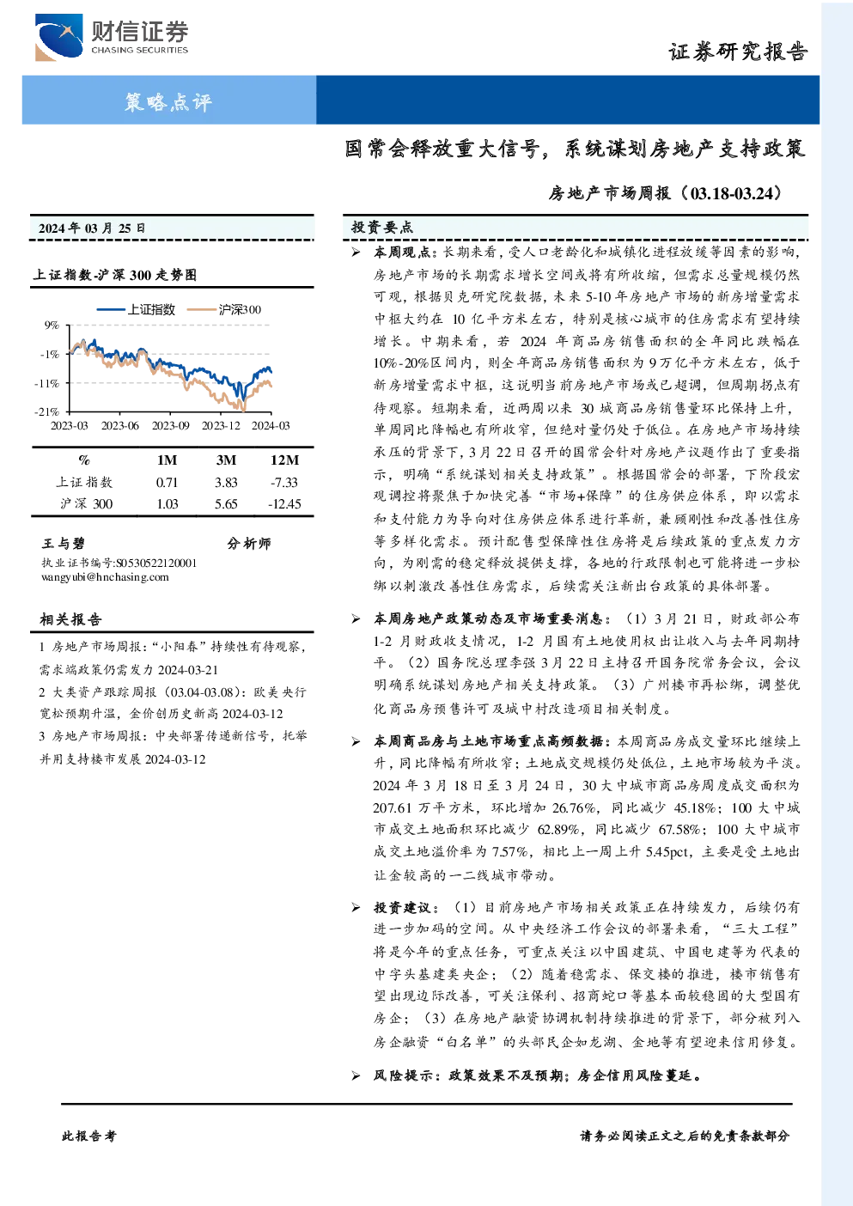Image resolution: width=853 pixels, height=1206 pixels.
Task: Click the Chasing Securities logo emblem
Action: [58, 37]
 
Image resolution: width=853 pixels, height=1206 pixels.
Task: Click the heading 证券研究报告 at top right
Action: [738, 52]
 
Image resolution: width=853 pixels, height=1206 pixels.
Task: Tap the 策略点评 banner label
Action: [168, 101]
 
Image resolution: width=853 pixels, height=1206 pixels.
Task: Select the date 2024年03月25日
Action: [92, 228]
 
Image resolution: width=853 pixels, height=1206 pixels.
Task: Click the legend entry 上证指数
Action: [137, 309]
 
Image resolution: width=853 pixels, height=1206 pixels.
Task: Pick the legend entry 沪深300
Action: [224, 309]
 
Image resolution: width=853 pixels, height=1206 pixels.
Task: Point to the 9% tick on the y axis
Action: [52, 325]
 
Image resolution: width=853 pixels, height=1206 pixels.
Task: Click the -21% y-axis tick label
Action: [47, 411]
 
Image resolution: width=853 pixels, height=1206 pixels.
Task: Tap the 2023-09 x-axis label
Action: [170, 425]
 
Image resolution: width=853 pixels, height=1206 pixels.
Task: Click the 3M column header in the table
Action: [226, 460]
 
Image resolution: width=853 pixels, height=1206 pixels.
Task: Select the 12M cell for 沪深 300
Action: [284, 504]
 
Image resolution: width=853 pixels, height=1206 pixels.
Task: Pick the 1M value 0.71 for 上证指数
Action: [167, 483]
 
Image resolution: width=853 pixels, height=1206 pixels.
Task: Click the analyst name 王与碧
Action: [64, 543]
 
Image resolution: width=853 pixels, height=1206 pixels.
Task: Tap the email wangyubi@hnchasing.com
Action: [105, 577]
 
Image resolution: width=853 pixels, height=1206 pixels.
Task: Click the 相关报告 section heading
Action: [70, 619]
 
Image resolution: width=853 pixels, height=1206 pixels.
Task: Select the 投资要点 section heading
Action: [382, 228]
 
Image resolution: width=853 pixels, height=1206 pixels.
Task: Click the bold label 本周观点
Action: [402, 252]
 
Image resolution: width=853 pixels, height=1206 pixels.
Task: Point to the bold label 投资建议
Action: [402, 907]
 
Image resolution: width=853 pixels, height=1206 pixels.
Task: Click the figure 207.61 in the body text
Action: [393, 808]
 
